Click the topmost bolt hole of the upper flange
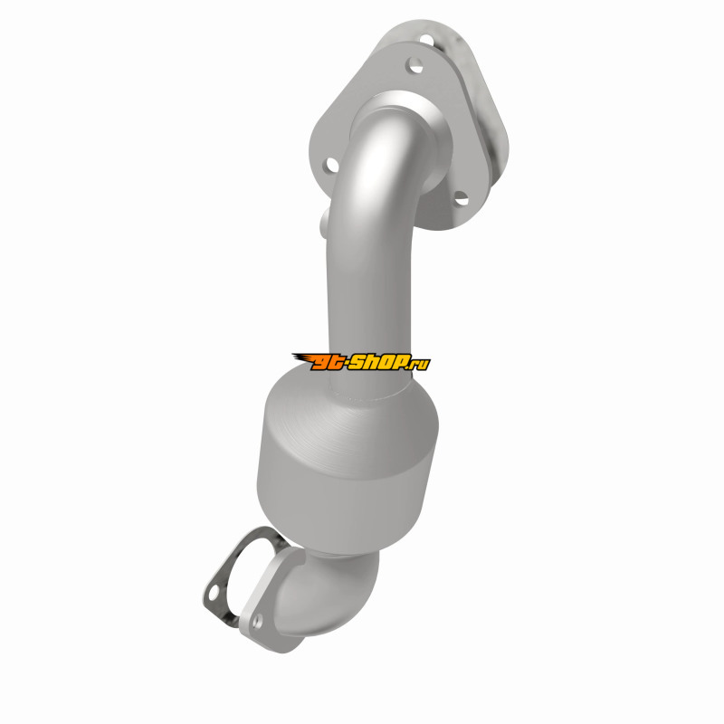click(x=414, y=66)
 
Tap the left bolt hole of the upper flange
click(x=331, y=165)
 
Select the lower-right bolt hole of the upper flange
click(x=461, y=199)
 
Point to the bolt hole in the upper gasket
click(x=427, y=40)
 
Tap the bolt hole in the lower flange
click(x=255, y=621)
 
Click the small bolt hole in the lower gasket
click(x=214, y=593)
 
